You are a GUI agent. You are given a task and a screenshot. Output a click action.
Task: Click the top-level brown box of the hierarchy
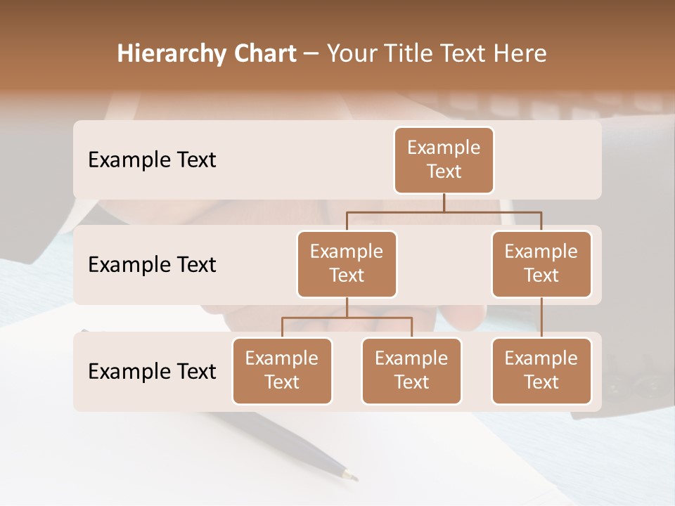[444, 160]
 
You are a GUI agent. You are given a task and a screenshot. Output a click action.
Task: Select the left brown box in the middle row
[347, 264]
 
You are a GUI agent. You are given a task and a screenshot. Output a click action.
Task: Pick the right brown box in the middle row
[541, 264]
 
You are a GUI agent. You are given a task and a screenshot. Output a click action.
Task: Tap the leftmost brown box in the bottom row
[282, 370]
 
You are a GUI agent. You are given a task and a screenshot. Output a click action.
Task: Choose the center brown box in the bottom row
[411, 370]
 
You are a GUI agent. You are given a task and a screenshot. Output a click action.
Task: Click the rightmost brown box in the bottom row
[541, 370]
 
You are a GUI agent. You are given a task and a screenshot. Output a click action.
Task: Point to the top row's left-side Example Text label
[152, 160]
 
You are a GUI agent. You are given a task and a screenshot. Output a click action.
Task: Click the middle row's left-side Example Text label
[152, 264]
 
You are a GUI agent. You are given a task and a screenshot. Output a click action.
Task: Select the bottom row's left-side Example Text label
[152, 371]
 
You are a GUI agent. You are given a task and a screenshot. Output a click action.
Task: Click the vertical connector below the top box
[444, 202]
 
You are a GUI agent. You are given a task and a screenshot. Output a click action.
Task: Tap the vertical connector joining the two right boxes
[541, 318]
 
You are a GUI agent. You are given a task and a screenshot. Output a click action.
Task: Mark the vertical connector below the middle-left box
[347, 307]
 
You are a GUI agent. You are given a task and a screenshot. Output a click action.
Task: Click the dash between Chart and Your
[311, 54]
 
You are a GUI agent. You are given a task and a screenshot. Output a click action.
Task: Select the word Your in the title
[351, 54]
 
